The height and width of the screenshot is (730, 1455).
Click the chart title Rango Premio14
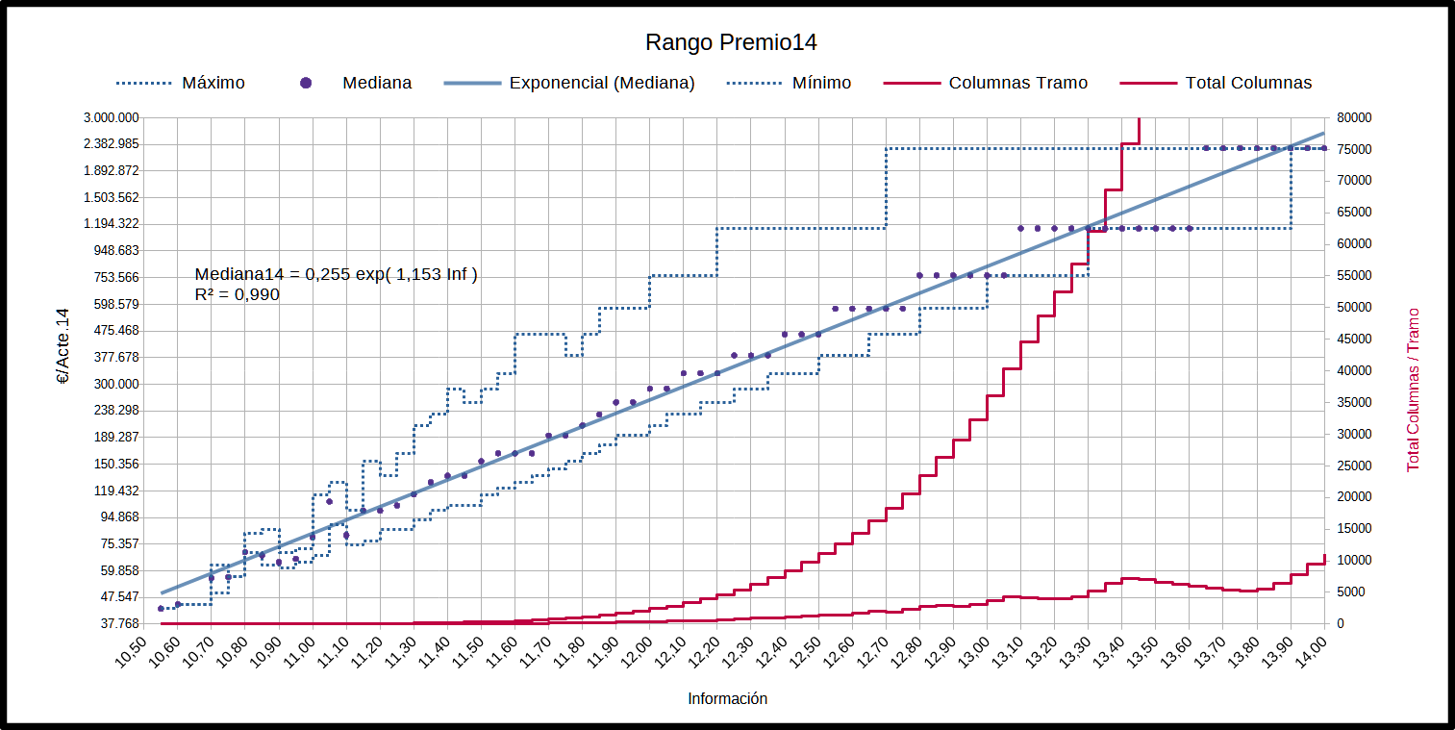tap(730, 42)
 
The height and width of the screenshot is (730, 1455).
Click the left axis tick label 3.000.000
tap(113, 118)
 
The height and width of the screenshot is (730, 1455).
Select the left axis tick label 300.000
tap(118, 384)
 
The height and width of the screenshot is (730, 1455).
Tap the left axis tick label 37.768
tap(121, 623)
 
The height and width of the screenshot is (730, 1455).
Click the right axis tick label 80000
tap(1354, 118)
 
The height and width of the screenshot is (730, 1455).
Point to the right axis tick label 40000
tap(1354, 371)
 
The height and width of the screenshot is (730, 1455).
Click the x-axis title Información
tap(727, 699)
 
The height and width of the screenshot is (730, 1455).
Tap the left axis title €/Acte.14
tap(64, 346)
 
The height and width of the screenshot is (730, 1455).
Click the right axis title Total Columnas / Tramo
tap(1413, 389)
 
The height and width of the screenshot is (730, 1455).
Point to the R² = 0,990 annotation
tap(237, 295)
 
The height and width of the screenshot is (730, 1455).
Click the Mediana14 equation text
tap(336, 275)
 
